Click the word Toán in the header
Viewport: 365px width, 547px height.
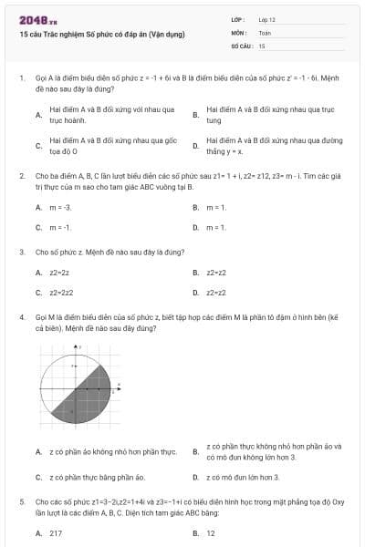click(x=265, y=32)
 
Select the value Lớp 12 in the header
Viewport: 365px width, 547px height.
click(x=266, y=19)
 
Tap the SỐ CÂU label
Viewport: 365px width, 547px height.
click(x=241, y=45)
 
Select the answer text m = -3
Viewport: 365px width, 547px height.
click(x=60, y=208)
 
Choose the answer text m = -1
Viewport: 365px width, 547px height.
click(x=60, y=227)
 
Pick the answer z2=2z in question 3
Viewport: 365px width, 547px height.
click(x=59, y=273)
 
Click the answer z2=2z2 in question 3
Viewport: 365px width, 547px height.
click(x=61, y=293)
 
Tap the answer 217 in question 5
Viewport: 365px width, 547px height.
click(x=56, y=533)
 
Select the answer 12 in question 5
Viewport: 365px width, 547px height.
click(x=211, y=533)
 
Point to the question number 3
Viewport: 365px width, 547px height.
click(x=22, y=251)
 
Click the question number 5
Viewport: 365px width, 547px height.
click(x=22, y=501)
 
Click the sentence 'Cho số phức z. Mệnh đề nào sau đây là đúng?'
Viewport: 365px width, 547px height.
click(x=109, y=251)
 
